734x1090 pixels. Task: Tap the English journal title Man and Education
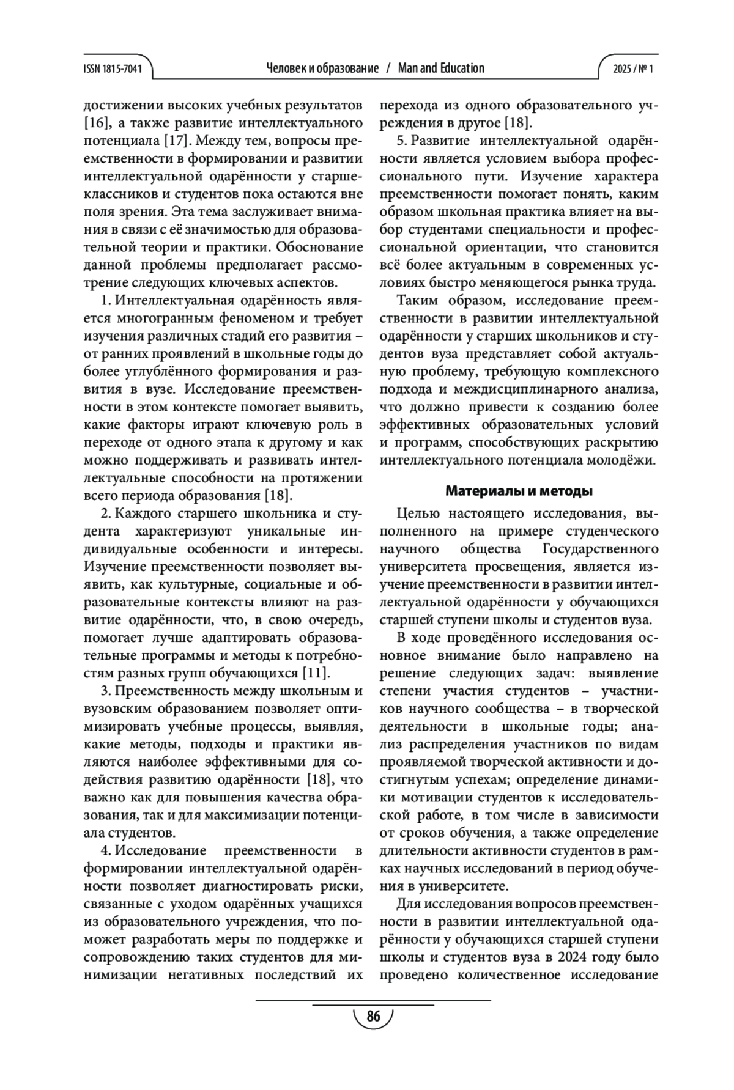coord(440,68)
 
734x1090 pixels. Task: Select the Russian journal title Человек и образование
coord(322,68)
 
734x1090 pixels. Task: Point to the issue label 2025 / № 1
coord(633,68)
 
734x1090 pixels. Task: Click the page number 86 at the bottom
coord(373,1017)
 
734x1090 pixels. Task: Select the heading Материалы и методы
coord(519,491)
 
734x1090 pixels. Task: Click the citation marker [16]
coord(95,123)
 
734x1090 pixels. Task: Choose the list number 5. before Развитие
coord(402,141)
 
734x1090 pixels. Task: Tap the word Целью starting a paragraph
coord(417,513)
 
